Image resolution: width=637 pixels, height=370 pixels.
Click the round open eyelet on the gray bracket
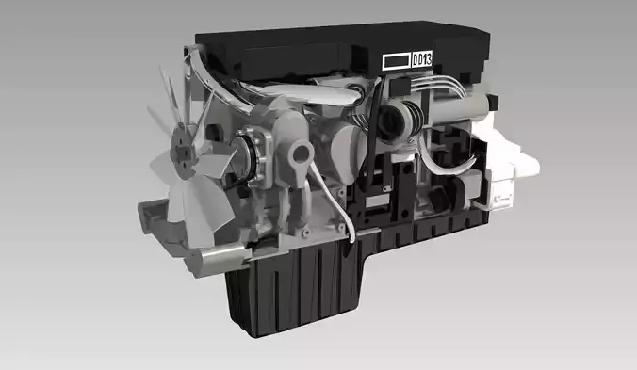pos(301,153)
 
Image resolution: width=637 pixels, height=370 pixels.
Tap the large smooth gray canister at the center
pos(349,151)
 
